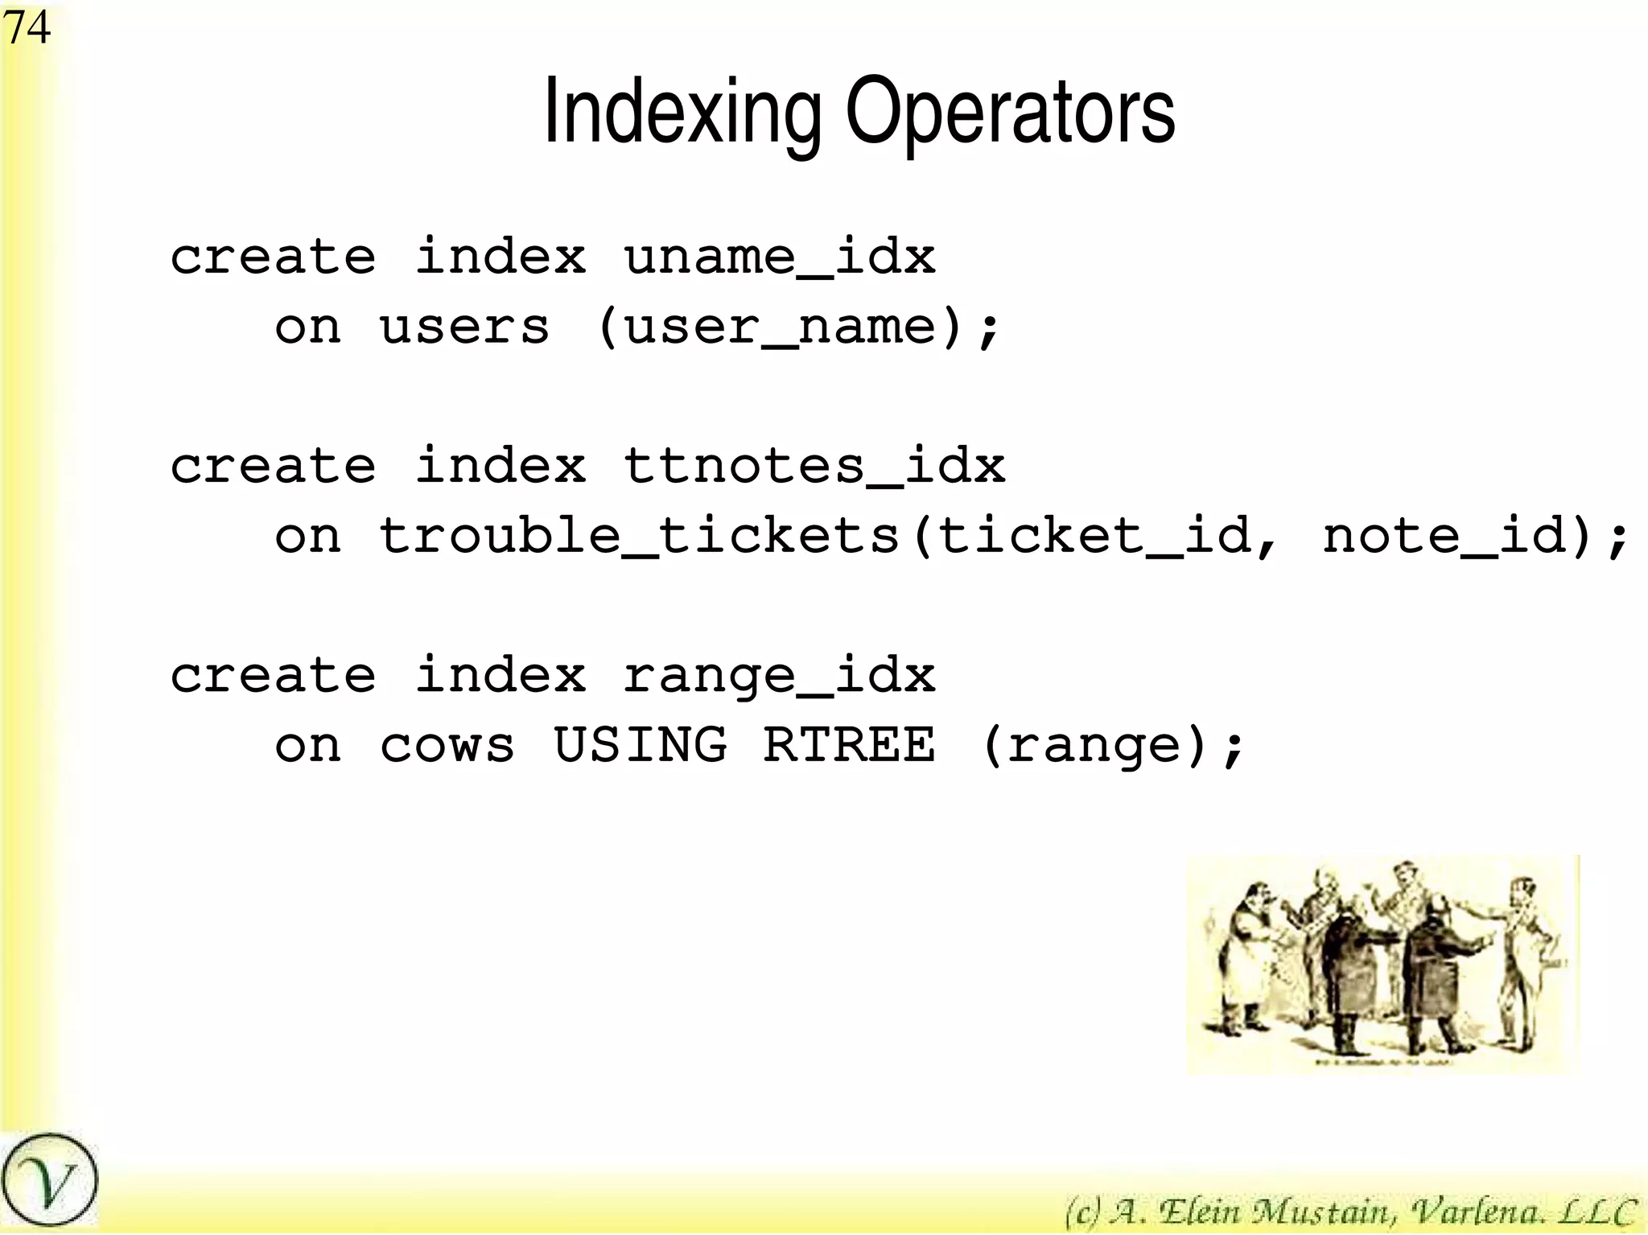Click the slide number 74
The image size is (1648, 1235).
pos(27,27)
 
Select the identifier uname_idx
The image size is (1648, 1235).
pos(779,257)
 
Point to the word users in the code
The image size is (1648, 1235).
pos(464,327)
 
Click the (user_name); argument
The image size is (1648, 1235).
pos(797,327)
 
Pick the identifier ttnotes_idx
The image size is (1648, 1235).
pos(814,467)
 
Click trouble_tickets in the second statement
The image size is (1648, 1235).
pos(639,536)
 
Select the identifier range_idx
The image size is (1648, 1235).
pos(779,676)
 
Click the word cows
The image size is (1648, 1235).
pos(447,746)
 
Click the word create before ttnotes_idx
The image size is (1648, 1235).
pos(273,467)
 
